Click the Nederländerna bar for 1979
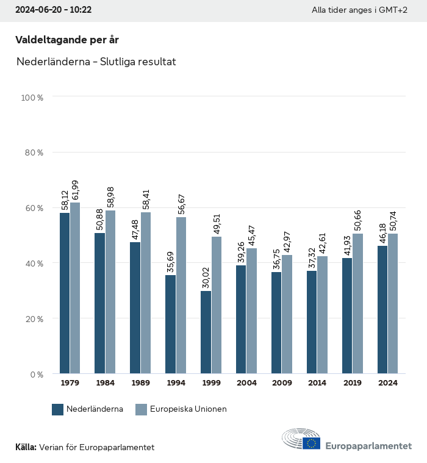pyautogui.click(x=65, y=293)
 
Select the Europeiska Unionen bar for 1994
pyautogui.click(x=181, y=295)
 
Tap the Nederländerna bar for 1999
pyautogui.click(x=206, y=332)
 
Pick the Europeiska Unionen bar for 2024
pyautogui.click(x=393, y=303)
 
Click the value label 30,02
pyautogui.click(x=206, y=275)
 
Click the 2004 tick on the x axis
pyautogui.click(x=246, y=383)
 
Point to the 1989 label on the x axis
pyautogui.click(x=140, y=383)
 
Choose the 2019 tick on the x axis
pyautogui.click(x=353, y=383)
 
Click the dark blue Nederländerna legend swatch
pyautogui.click(x=58, y=409)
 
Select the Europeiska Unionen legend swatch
pyautogui.click(x=141, y=409)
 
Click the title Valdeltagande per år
pyautogui.click(x=66, y=40)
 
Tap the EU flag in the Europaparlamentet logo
pyautogui.click(x=312, y=443)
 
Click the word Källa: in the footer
pyautogui.click(x=26, y=447)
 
